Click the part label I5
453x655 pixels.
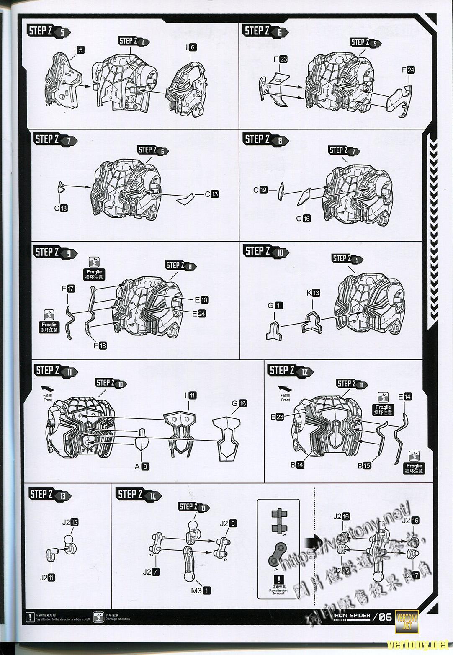tap(79, 50)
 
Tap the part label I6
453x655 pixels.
tap(190, 47)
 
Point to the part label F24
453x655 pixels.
tap(408, 70)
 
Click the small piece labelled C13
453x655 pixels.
tap(185, 199)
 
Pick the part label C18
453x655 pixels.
tap(61, 208)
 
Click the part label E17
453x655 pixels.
tap(67, 289)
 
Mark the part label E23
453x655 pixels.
tap(277, 417)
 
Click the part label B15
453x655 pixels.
tap(364, 465)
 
